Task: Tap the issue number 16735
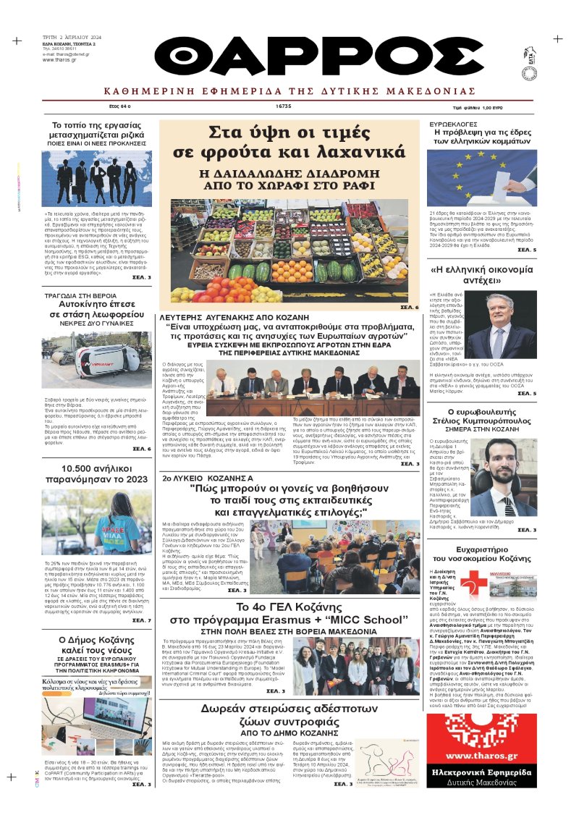[x=283, y=106]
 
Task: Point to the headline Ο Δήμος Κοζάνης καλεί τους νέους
[x=96, y=646]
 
